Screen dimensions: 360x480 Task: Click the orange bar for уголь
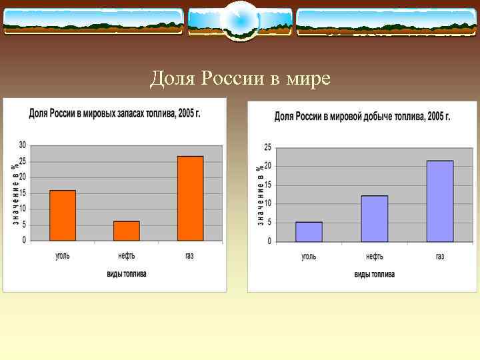(63, 215)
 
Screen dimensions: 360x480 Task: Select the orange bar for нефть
(127, 231)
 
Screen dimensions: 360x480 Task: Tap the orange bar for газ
(190, 198)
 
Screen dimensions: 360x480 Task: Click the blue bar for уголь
(309, 231)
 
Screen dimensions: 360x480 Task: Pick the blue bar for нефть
(374, 218)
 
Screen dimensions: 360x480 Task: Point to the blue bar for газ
(440, 201)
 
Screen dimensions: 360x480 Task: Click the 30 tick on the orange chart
(22, 145)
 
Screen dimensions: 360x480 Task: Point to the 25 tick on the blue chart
(267, 147)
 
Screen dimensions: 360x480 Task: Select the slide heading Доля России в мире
(240, 79)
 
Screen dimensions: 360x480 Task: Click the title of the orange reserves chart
(115, 113)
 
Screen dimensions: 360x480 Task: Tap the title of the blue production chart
(363, 117)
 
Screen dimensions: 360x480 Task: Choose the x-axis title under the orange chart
(127, 273)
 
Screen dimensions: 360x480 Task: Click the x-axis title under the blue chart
(374, 274)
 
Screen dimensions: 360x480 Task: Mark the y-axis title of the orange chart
(15, 193)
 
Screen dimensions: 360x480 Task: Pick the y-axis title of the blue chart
(260, 195)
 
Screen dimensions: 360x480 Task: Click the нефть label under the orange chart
(127, 255)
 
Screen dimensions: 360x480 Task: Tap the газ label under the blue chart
(440, 256)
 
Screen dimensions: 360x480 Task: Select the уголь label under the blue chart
(309, 256)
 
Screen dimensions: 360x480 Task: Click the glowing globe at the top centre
(240, 20)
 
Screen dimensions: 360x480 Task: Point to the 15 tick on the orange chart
(22, 193)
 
